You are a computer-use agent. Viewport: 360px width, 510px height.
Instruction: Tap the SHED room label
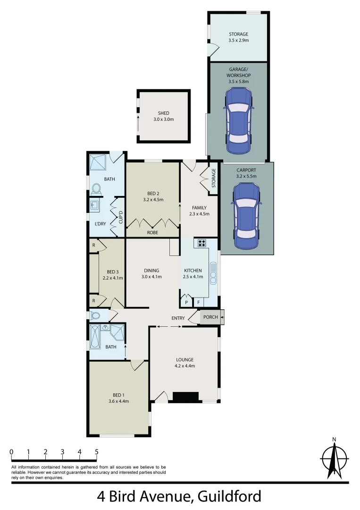pos(164,113)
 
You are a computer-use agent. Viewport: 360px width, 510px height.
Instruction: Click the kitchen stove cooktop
pos(202,243)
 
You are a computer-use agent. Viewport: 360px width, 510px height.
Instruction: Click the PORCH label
pos(210,317)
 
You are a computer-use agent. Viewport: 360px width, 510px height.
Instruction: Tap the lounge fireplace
pos(185,397)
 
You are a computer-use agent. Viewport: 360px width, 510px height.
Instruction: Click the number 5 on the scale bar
pos(97,452)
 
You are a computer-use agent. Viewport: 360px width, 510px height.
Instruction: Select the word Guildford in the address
pos(230,497)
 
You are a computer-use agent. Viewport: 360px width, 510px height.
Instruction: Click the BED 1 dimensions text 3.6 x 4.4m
pos(118,401)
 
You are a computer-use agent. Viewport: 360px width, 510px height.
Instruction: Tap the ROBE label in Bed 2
pos(152,233)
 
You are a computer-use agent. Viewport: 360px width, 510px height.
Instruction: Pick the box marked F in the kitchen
pos(199,302)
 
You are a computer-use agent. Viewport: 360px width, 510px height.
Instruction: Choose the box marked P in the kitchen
pos(186,302)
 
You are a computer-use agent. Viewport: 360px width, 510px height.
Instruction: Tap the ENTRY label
pos(178,318)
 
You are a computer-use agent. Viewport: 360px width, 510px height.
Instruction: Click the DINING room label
pos(151,271)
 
